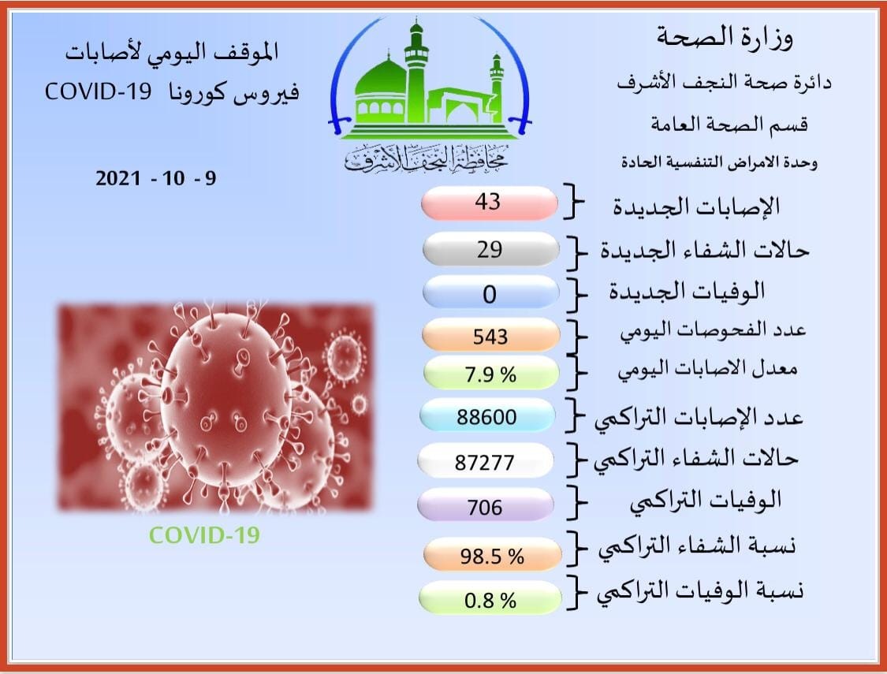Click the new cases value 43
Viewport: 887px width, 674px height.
(x=488, y=202)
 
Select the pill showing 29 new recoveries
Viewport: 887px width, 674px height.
(x=491, y=249)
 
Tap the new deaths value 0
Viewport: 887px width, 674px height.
(x=490, y=295)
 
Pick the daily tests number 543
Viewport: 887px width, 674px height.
(x=490, y=337)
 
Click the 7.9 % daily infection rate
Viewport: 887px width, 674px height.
(x=490, y=374)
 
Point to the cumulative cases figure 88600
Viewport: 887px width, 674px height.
(x=486, y=417)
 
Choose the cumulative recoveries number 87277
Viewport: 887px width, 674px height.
(x=485, y=463)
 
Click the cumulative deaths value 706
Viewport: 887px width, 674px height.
(x=485, y=507)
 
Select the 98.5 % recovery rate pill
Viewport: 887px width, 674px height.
(x=492, y=554)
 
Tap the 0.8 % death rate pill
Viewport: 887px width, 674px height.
(x=490, y=598)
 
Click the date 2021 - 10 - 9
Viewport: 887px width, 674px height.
(x=156, y=179)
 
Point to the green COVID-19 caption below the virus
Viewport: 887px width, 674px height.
(x=204, y=535)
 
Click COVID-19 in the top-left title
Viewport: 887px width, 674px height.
(x=99, y=91)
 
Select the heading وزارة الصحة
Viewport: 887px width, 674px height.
(x=725, y=37)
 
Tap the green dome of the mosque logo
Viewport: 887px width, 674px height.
(x=381, y=78)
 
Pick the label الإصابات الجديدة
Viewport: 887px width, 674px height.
(x=697, y=207)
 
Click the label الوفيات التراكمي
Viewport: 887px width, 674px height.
(x=706, y=501)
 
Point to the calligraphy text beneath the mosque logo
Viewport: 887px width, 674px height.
(x=427, y=159)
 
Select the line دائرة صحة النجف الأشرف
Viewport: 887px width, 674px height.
(x=724, y=83)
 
